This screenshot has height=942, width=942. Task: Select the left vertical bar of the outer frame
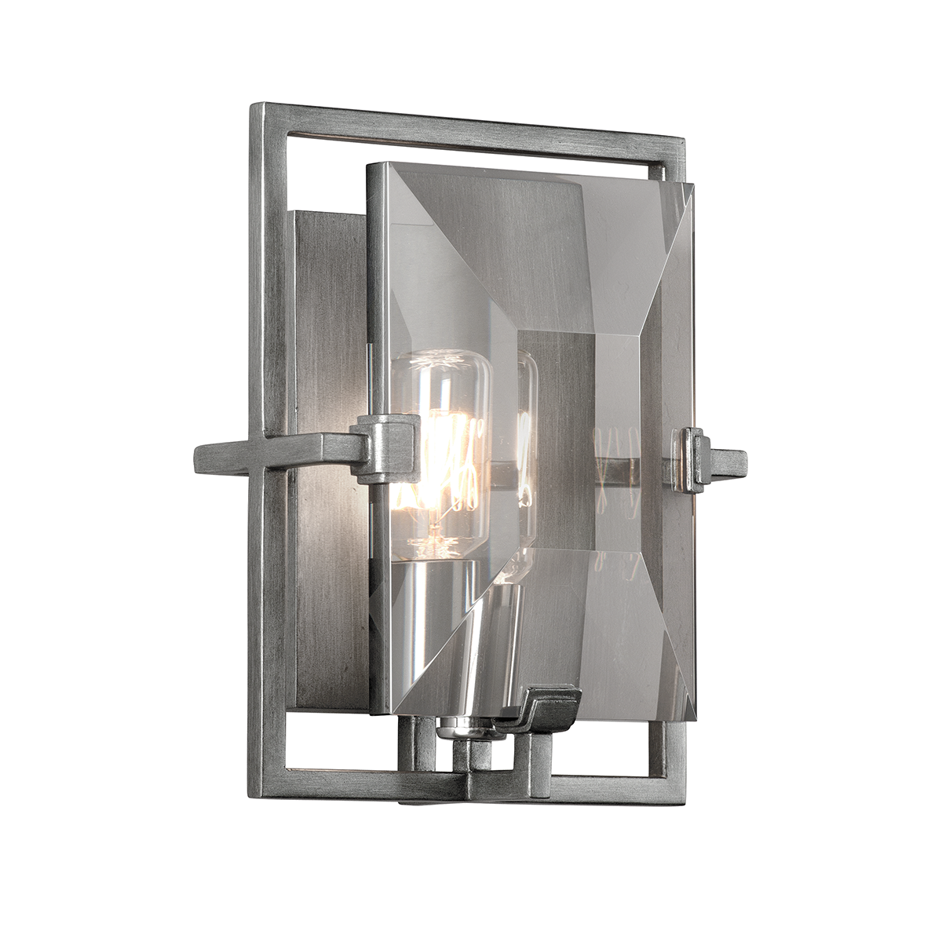[261, 549]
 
